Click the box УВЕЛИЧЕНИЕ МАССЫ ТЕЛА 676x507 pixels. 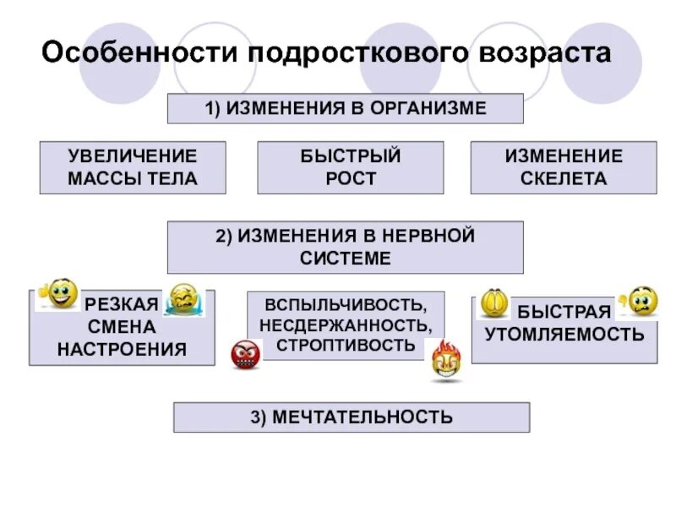(133, 167)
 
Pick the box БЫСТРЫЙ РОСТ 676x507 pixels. (350, 167)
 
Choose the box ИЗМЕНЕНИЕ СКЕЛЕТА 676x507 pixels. (563, 167)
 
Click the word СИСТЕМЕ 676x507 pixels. (346, 259)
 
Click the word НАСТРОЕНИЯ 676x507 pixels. (122, 349)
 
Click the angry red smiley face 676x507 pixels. (246, 353)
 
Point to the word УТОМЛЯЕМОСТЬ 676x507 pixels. (564, 334)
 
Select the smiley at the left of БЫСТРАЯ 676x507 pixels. (493, 303)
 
